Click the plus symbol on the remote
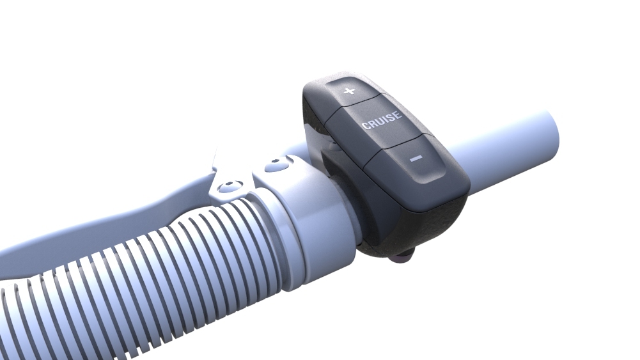click(349, 91)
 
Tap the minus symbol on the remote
click(416, 158)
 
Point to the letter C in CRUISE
click(365, 125)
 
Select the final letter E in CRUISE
click(398, 114)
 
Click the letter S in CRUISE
click(391, 117)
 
